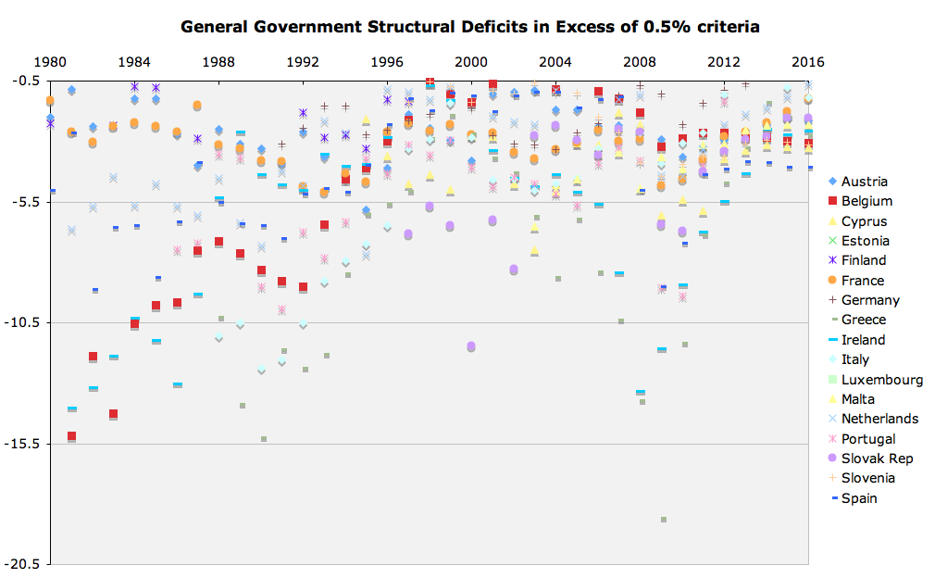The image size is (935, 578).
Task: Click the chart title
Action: pos(470,26)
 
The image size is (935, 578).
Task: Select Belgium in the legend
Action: pos(866,201)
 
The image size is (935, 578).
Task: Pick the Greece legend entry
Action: pos(864,320)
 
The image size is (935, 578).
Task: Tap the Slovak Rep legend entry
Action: pos(877,459)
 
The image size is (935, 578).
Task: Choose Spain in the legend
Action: pos(859,498)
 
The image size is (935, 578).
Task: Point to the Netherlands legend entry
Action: pos(879,419)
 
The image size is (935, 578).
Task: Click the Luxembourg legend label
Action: pos(881,380)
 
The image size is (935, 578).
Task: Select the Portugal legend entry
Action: pos(868,439)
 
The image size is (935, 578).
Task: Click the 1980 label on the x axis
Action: pos(50,62)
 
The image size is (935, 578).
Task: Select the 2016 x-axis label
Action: pos(808,62)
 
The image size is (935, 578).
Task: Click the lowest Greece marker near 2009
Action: pos(664,520)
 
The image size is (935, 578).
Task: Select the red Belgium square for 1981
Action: pos(71,436)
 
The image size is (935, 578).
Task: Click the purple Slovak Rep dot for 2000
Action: pos(471,346)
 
